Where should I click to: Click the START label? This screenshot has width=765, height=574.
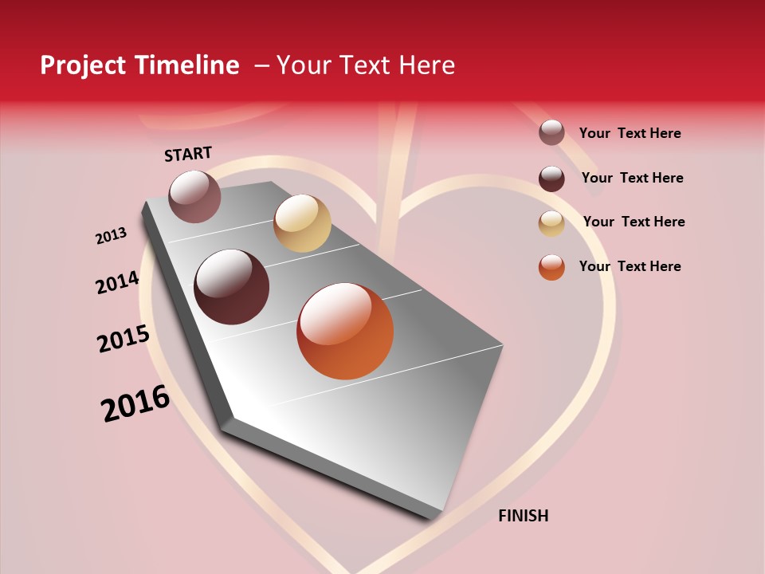click(188, 154)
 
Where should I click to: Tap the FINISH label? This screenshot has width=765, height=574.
click(523, 516)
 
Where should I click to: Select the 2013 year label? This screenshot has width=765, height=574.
click(111, 236)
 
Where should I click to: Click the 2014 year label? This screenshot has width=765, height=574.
click(117, 282)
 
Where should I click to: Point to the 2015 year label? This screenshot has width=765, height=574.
click(124, 339)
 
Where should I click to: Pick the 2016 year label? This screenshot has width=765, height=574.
click(135, 403)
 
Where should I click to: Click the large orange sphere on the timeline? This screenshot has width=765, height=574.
click(345, 331)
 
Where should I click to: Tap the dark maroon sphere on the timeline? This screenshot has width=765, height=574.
click(231, 287)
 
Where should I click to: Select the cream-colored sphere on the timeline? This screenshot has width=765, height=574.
click(302, 223)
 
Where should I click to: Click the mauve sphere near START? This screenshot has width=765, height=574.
click(194, 196)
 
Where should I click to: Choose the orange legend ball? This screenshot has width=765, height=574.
click(551, 267)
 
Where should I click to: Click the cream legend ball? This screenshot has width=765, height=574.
click(551, 223)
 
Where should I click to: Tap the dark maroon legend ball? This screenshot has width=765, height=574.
click(551, 179)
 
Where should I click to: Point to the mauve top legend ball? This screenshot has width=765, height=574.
click(551, 132)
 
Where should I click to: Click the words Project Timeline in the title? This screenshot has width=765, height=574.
click(139, 65)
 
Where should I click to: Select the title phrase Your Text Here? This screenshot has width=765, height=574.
click(366, 65)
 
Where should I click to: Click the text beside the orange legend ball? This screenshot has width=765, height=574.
click(630, 266)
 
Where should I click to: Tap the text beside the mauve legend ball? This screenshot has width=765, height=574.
click(630, 133)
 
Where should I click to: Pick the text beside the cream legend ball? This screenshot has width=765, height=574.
click(634, 222)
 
